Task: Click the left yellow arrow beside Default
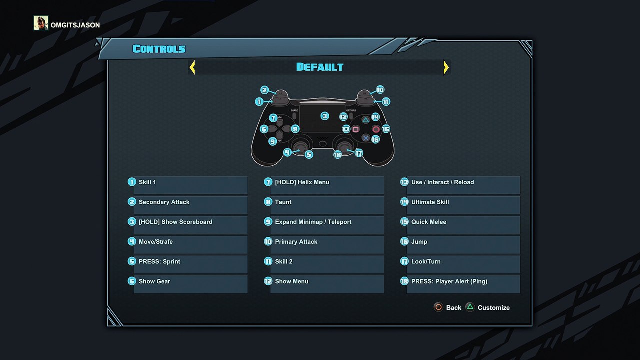click(x=192, y=67)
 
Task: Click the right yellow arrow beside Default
click(x=446, y=67)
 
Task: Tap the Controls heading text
click(x=159, y=49)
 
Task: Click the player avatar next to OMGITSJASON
click(x=41, y=23)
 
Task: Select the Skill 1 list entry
click(x=188, y=185)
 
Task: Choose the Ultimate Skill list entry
click(x=460, y=205)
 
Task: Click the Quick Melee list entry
click(x=460, y=225)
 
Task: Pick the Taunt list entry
click(x=324, y=205)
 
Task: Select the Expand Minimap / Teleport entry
click(x=324, y=225)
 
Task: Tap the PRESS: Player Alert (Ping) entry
click(x=460, y=284)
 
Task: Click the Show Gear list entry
click(x=188, y=284)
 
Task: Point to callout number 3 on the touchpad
click(x=325, y=116)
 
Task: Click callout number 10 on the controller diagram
click(x=380, y=90)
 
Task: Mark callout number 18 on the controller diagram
click(x=337, y=155)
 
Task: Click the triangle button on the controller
click(x=365, y=120)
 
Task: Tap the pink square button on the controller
click(x=355, y=129)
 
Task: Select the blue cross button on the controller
click(x=365, y=138)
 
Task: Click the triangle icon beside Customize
click(x=470, y=307)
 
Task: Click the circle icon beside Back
click(x=438, y=307)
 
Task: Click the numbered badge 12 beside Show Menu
click(x=268, y=281)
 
